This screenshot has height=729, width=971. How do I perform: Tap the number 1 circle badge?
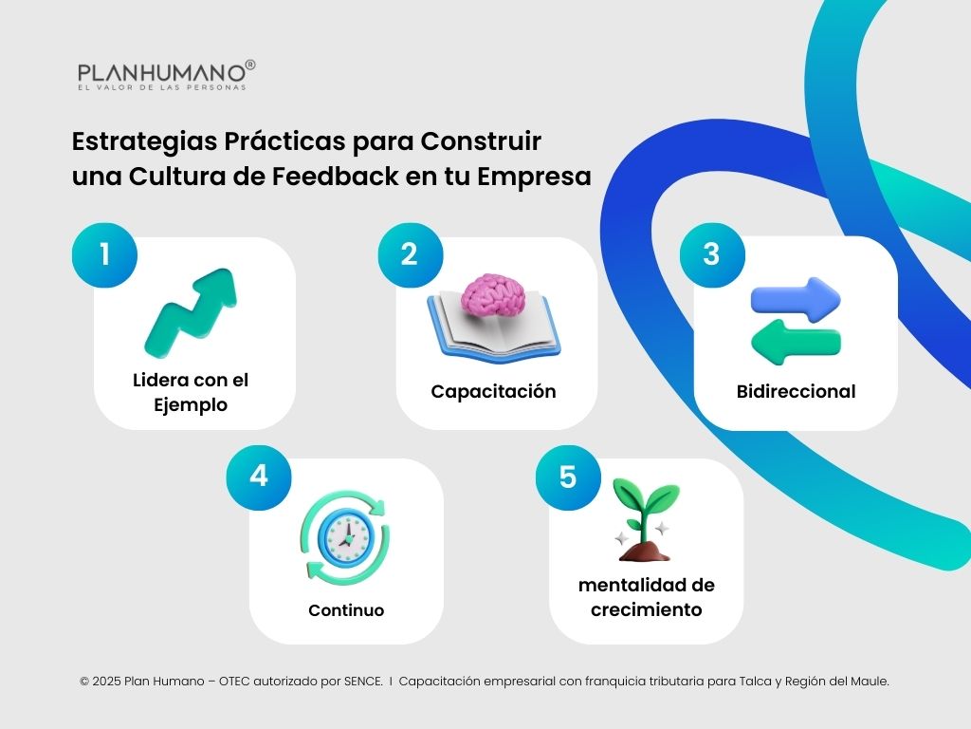coord(104,254)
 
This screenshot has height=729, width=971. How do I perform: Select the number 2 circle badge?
coord(410,254)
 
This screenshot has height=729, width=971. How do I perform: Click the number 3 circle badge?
coord(711,254)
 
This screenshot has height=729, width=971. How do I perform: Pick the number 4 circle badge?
coord(258,476)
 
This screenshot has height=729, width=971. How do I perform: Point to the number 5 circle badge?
coord(567,477)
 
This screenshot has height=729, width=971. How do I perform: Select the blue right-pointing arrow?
coord(796,297)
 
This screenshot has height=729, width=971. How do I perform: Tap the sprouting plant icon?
coord(646,519)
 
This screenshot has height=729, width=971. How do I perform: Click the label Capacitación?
coord(493,391)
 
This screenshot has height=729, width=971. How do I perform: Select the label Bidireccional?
coord(796,391)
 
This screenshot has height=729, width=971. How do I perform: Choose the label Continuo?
coord(346,610)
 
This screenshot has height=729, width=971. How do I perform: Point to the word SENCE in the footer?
coord(361,681)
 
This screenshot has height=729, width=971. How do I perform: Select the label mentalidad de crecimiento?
coord(646,597)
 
